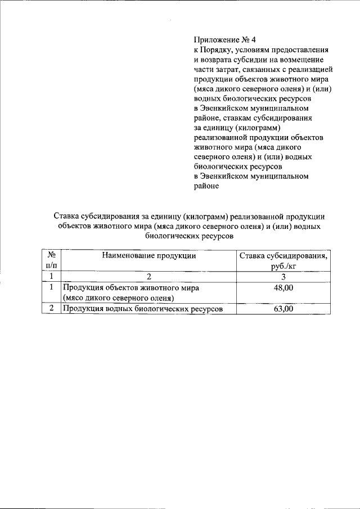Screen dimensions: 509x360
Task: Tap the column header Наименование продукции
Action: click(149, 255)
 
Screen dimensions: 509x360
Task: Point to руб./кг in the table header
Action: click(283, 266)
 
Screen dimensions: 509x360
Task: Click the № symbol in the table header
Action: click(51, 255)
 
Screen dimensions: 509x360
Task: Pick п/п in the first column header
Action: click(51, 266)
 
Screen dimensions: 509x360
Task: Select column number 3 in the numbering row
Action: click(283, 277)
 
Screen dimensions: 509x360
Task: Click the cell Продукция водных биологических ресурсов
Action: click(143, 309)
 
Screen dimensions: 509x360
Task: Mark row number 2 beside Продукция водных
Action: click(51, 309)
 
